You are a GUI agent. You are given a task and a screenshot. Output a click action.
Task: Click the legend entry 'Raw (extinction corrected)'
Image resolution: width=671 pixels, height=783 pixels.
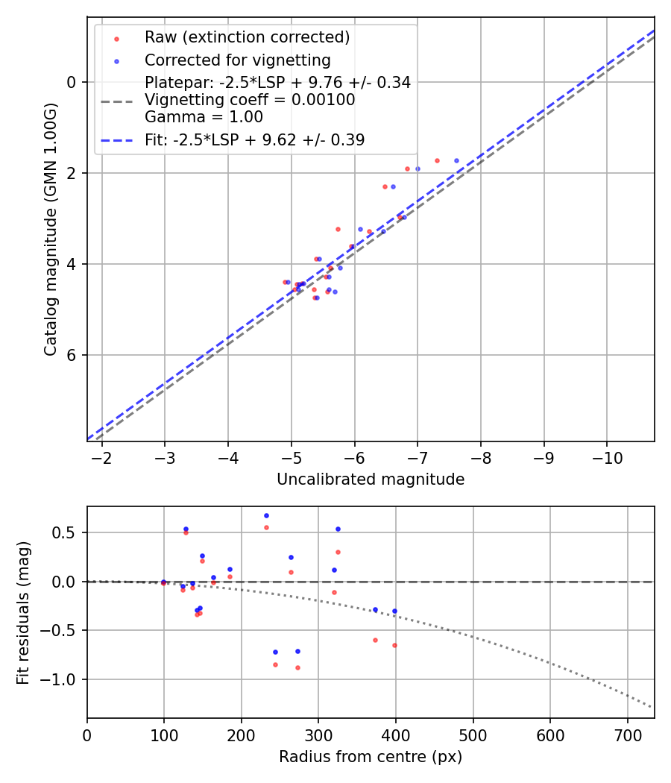(x=247, y=37)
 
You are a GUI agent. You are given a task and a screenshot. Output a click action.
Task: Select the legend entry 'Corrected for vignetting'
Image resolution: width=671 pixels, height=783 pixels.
(x=237, y=60)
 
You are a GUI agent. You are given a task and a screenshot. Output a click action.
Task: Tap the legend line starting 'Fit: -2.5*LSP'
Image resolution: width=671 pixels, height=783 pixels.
(x=254, y=140)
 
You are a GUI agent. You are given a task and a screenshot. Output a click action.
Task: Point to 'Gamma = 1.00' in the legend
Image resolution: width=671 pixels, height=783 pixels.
(x=204, y=117)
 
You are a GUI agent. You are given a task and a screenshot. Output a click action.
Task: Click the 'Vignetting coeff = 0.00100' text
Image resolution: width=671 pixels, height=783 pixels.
(x=250, y=100)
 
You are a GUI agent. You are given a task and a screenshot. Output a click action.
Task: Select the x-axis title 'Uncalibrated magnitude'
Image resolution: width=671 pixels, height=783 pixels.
(x=371, y=479)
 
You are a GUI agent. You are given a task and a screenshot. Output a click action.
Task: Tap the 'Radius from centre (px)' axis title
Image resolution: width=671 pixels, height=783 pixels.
(x=371, y=757)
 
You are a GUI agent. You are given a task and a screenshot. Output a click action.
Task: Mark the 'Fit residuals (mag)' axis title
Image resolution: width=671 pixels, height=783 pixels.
(x=23, y=612)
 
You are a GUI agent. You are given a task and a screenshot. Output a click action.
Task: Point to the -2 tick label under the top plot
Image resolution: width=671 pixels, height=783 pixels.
(x=101, y=456)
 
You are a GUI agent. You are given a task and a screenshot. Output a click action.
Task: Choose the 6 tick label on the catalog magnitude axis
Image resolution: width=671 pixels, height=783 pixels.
(x=72, y=355)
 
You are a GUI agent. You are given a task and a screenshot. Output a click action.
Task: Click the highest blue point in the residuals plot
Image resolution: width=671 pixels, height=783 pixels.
(x=266, y=515)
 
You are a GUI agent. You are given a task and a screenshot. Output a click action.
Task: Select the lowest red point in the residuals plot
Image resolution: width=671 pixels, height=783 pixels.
(x=297, y=667)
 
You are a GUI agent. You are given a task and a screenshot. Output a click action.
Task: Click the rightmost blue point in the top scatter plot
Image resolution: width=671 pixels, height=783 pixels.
(x=456, y=160)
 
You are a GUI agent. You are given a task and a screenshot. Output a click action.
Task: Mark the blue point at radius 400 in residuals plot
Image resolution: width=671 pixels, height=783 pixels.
(x=394, y=611)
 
